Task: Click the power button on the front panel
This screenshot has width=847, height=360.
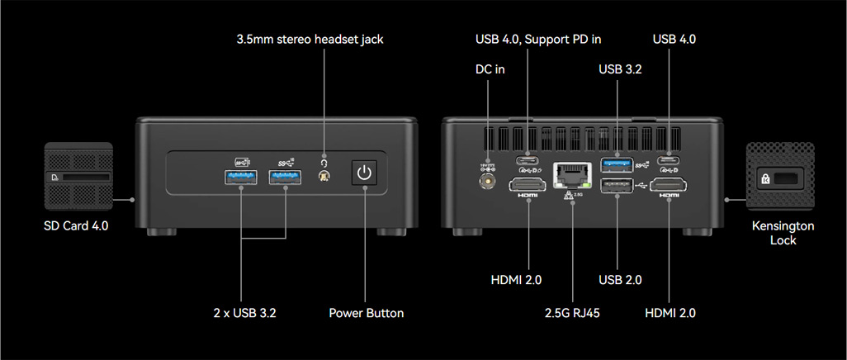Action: pos(365,173)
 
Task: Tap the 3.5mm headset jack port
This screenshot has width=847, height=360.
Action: pos(324,177)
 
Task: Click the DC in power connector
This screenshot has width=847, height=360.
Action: pos(488,182)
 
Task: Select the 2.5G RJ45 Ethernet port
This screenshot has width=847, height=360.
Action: pos(573,176)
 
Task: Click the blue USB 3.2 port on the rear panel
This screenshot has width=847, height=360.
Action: pos(617,163)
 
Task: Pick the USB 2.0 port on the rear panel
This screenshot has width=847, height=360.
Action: pos(617,186)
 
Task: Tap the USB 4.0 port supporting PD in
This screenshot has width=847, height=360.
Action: pos(527,160)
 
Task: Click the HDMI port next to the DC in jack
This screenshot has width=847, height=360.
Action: pos(528,186)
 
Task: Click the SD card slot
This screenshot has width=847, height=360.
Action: pos(85,177)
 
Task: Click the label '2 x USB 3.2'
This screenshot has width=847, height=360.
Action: pos(244,313)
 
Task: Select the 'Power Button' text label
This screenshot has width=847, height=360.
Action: pos(367,313)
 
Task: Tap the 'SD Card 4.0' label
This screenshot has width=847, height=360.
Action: pos(76,225)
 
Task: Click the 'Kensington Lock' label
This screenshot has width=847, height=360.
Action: pos(783,233)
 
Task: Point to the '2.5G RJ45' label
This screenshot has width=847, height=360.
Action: pos(573,313)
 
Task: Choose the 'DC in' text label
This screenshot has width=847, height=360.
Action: pos(490,69)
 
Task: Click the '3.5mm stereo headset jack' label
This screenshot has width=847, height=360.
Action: pos(310,40)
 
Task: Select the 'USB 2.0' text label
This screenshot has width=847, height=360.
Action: pos(620,279)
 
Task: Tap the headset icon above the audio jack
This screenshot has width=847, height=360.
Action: pos(324,163)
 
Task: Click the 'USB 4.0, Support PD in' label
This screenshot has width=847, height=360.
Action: pos(538,40)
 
